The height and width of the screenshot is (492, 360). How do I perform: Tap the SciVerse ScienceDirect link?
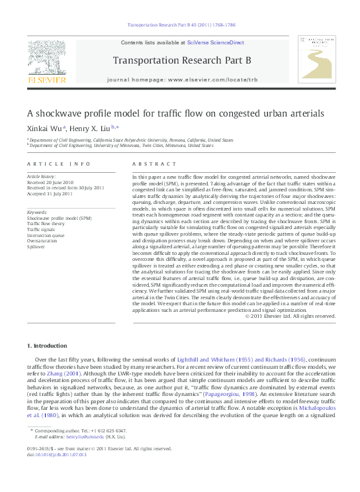pos(216,42)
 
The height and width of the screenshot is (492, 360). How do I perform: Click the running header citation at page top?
pos(180,26)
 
